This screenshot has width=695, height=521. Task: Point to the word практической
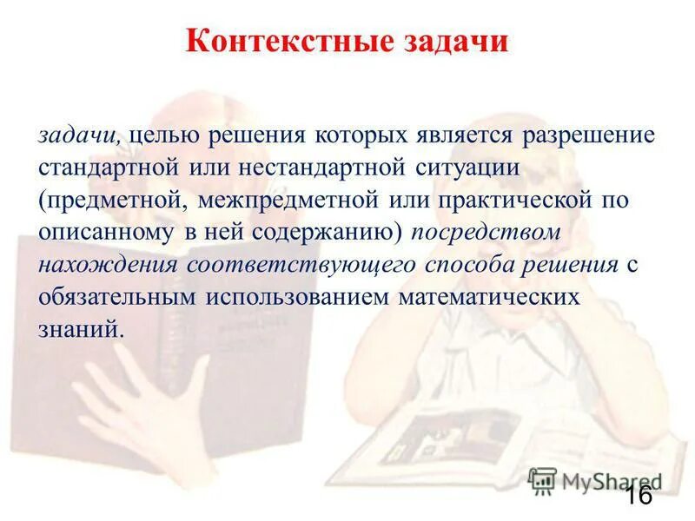pyautogui.click(x=495, y=201)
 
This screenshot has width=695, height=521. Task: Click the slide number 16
pyautogui.click(x=638, y=496)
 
